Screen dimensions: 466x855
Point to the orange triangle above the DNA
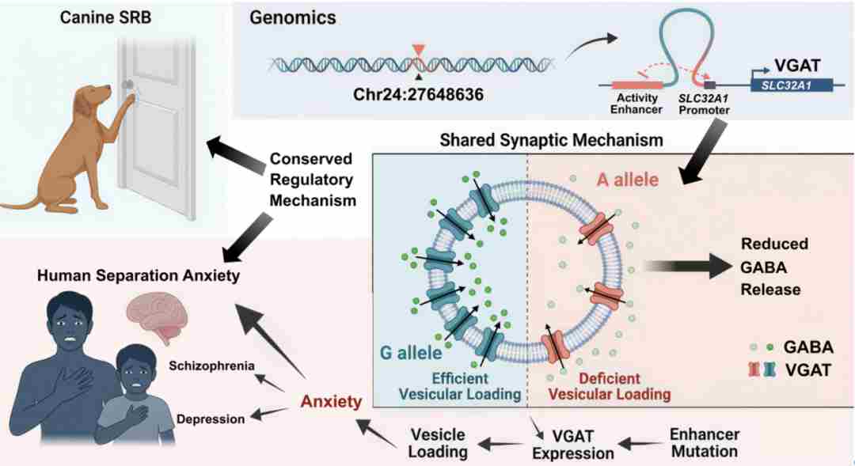point(420,51)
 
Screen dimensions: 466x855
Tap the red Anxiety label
point(331,401)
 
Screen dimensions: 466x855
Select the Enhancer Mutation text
point(705,443)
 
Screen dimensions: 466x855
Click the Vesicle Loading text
point(437,443)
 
